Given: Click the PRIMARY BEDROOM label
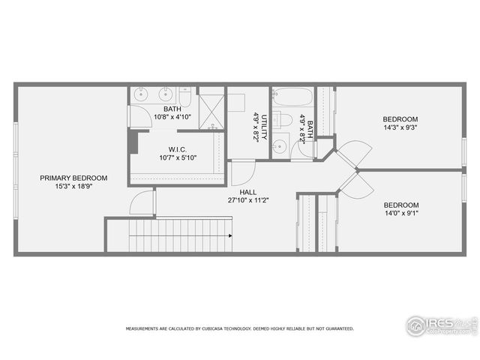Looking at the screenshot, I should (x=73, y=178).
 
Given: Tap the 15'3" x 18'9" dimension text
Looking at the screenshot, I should (x=73, y=187).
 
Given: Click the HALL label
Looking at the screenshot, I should (x=248, y=192).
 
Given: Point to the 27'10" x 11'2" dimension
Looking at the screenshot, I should (x=248, y=200).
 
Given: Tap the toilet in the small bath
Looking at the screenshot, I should (x=283, y=119).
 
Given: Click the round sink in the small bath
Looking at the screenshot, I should (x=280, y=146).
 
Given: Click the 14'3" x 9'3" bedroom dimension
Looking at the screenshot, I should (x=400, y=127).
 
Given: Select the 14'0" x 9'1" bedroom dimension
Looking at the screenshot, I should (x=400, y=213).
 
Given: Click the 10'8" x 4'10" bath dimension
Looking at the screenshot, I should (x=172, y=117).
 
